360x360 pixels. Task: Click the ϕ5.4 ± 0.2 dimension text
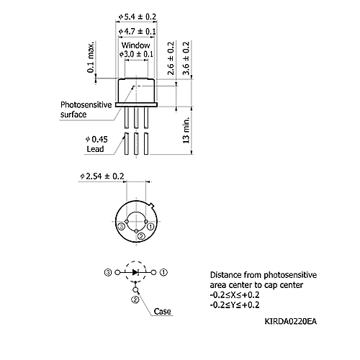(138, 17)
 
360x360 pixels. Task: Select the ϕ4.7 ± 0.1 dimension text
(138, 32)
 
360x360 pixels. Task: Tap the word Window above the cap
(135, 45)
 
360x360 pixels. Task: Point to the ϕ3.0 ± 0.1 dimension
(136, 54)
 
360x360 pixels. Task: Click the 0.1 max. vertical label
(91, 57)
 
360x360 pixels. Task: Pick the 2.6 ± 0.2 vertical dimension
(171, 58)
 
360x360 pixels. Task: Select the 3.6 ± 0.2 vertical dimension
(186, 58)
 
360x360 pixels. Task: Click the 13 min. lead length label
(186, 130)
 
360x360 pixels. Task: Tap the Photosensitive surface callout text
(86, 109)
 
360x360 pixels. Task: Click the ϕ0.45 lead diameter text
(96, 140)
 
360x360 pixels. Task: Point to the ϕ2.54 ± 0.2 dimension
(102, 176)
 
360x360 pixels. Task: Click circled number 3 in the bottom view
(122, 226)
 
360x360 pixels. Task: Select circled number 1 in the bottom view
(150, 226)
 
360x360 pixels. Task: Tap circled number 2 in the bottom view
(141, 236)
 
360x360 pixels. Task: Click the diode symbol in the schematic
(135, 272)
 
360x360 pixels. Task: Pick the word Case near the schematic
(163, 311)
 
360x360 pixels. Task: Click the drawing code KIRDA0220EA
(291, 321)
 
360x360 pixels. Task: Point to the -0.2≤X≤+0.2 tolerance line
(235, 294)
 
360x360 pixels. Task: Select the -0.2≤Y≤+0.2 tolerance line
(235, 305)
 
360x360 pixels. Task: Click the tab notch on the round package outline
(151, 205)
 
